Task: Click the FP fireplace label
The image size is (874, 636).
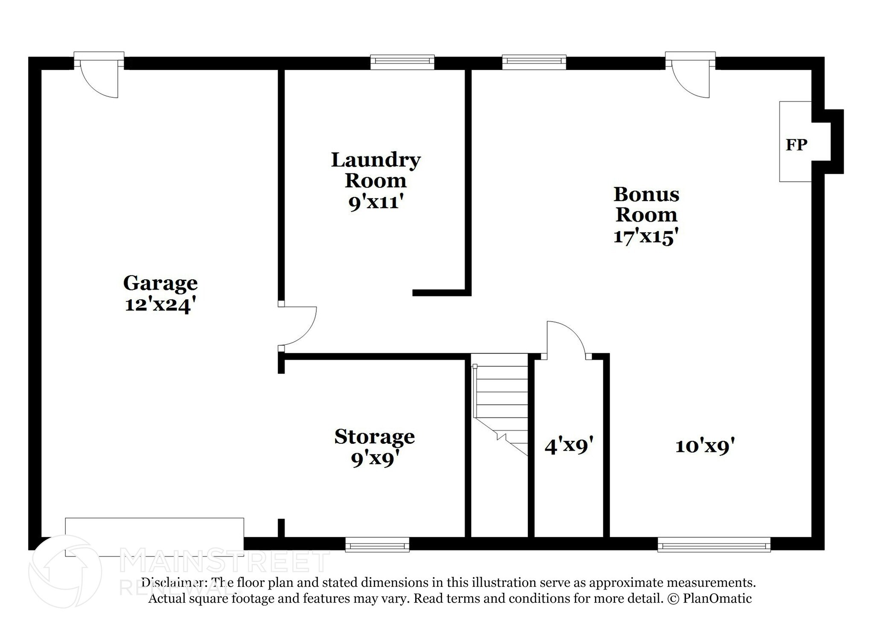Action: [x=796, y=145]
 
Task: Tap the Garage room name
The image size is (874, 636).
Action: [x=160, y=283]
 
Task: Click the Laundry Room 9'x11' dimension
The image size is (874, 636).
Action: [x=376, y=202]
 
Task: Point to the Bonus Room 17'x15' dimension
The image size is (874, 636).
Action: [x=646, y=236]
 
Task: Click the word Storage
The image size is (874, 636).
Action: [x=374, y=437]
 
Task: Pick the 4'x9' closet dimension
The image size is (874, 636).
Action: [x=569, y=446]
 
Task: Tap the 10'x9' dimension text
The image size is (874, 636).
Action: [x=705, y=446]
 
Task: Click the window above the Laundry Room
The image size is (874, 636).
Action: [x=402, y=62]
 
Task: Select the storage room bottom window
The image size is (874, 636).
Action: [x=377, y=545]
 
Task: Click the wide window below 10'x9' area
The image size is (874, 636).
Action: [x=714, y=545]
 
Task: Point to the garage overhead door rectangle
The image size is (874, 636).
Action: [x=154, y=536]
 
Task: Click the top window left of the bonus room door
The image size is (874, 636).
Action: [x=534, y=62]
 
